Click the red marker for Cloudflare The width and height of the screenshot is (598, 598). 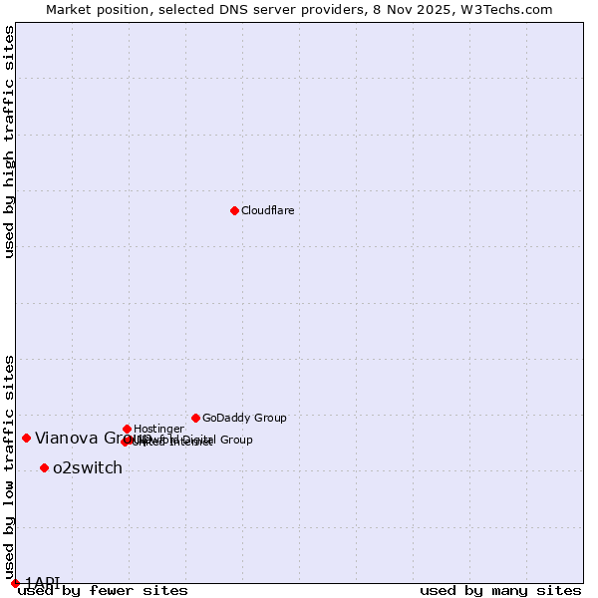coord(234,210)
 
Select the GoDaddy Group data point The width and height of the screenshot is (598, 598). coord(195,418)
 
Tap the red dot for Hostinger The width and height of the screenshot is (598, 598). coord(127,429)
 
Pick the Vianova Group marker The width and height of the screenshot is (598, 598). coord(26,438)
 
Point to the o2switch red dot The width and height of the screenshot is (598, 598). coord(44,467)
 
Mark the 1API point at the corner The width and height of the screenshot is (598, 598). coord(15,583)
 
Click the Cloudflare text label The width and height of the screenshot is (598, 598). coord(267,210)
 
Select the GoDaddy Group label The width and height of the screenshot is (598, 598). coord(244,418)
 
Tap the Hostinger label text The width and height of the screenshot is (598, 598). coord(158,429)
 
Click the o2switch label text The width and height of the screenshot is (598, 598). coord(88,467)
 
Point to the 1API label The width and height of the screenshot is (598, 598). coord(43,582)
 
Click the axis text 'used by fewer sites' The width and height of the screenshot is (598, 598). coord(103,590)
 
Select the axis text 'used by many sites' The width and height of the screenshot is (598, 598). coord(500,590)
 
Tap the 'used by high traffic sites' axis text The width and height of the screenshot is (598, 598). coord(9,142)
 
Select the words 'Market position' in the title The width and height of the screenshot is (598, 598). coord(93,9)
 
